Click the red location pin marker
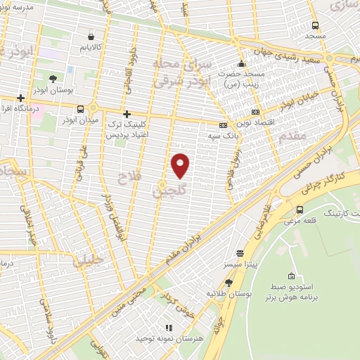(181, 165)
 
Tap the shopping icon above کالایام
(91, 36)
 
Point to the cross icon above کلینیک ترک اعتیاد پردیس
(127, 114)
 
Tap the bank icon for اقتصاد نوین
(255, 111)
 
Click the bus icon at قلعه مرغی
(300, 210)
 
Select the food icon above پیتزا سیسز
(240, 252)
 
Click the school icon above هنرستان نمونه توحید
(167, 328)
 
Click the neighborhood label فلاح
(131, 176)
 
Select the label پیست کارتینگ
(340, 212)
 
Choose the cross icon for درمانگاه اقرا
(21, 98)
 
